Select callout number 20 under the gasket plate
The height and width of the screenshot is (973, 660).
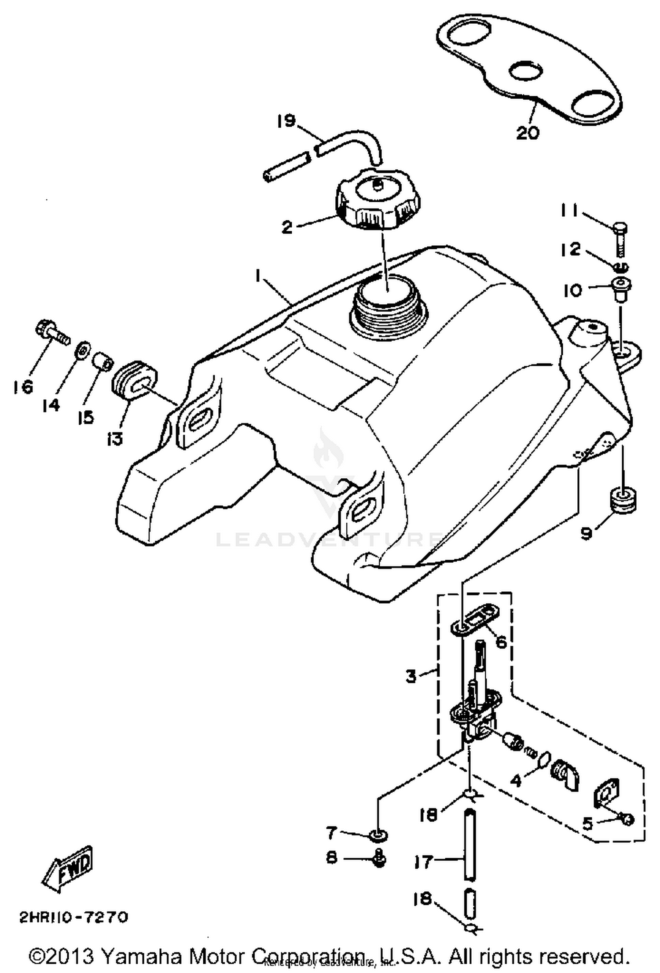click(x=528, y=132)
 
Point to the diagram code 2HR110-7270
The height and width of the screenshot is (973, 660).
click(x=73, y=917)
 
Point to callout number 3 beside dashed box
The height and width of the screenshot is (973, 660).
click(x=411, y=676)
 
